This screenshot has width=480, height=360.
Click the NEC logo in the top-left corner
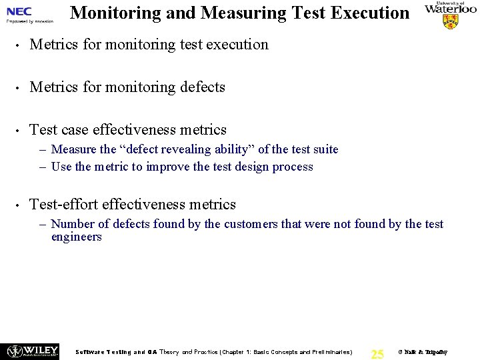coord(19,11)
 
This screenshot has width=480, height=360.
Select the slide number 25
coord(377,354)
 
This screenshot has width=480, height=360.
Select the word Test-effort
coord(64,205)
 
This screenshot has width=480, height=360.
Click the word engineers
coord(76,237)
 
